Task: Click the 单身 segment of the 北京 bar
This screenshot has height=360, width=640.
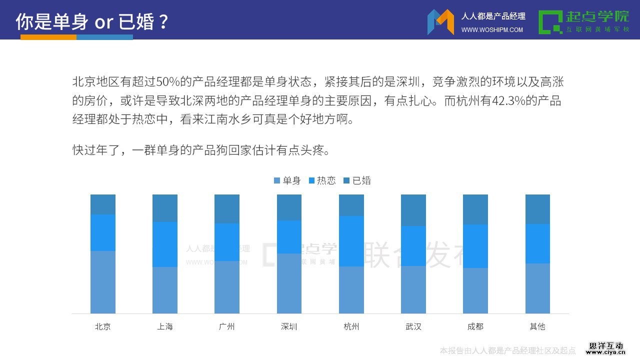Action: pos(103,282)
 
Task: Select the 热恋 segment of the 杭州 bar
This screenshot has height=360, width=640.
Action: pos(351,241)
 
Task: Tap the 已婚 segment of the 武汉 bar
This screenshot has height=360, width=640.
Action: pos(413,210)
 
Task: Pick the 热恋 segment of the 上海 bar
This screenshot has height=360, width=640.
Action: pos(165,244)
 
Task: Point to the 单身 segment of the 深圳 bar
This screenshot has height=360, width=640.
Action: pos(289,283)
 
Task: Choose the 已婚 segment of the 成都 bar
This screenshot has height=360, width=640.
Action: pos(475,209)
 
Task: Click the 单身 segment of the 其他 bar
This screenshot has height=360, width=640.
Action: pos(537,288)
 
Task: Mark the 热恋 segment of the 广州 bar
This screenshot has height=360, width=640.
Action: pos(227,242)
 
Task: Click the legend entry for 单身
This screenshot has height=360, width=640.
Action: pos(287,180)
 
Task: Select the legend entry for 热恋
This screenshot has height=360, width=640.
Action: pos(322,180)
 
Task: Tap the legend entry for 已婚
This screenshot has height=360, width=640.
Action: pos(357,180)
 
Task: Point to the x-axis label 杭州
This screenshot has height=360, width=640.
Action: pos(351,326)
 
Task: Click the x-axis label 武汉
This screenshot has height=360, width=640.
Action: pos(413,326)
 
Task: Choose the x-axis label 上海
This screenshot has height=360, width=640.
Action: pos(165,326)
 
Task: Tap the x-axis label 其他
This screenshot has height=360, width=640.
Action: pos(537,326)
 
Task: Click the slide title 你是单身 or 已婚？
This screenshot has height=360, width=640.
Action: pos(92,21)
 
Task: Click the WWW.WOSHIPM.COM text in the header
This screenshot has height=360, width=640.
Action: pos(492,30)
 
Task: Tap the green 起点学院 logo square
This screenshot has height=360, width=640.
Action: pos(550,22)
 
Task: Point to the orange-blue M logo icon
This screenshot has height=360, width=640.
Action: pos(440,22)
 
